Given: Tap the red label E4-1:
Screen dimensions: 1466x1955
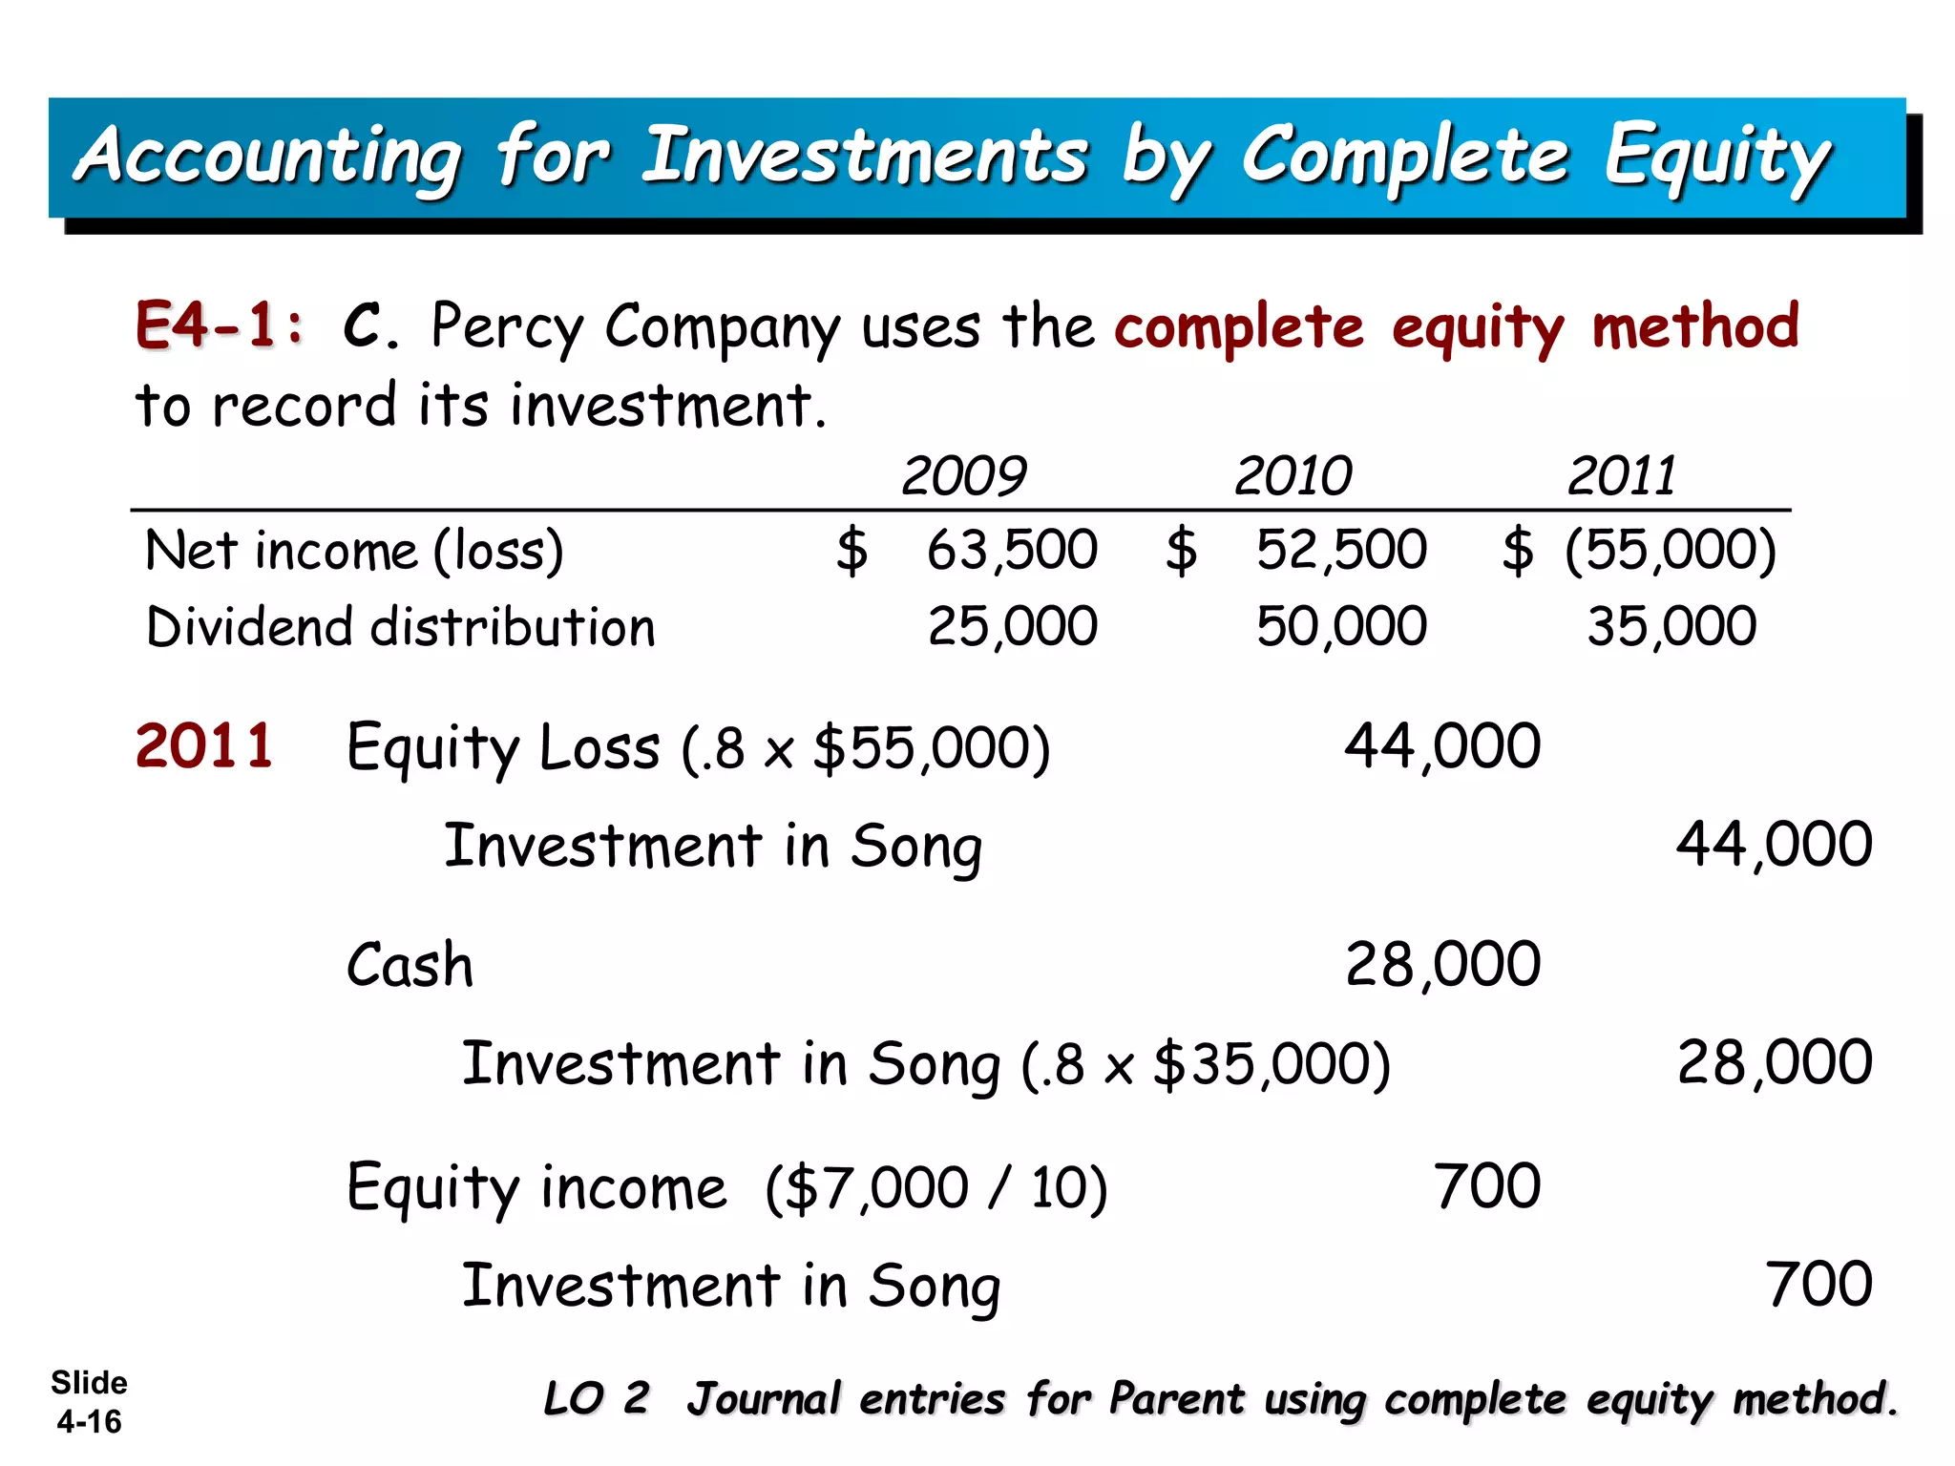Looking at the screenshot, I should click(x=220, y=325).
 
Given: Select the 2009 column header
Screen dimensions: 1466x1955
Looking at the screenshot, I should click(x=963, y=475).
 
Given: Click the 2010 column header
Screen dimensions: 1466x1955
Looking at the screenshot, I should click(x=1293, y=475).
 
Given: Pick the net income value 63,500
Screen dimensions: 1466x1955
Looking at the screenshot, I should click(x=1012, y=550).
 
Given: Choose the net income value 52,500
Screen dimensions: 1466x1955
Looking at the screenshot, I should click(x=1341, y=550).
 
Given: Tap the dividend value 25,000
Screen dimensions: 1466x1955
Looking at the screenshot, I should click(x=1013, y=627).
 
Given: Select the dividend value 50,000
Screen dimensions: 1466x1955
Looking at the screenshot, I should click(x=1341, y=627).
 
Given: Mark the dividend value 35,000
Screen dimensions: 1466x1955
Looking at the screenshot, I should click(x=1671, y=627).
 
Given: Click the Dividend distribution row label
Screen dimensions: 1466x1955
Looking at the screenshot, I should click(x=401, y=627).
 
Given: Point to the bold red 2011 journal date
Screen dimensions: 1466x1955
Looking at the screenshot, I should click(x=204, y=745).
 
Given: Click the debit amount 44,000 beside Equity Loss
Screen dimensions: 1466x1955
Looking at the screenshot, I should click(x=1442, y=745).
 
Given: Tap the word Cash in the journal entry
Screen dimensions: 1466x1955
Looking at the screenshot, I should click(x=410, y=964).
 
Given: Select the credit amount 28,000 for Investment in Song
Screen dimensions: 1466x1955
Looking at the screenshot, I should click(x=1775, y=1061).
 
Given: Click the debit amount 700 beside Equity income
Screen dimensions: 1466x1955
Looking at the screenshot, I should click(x=1487, y=1186).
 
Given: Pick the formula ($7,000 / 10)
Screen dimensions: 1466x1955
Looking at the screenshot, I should click(x=936, y=1188).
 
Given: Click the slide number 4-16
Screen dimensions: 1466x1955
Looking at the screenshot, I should click(x=89, y=1422).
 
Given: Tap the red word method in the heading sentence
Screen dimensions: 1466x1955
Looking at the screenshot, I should click(x=1695, y=325).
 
